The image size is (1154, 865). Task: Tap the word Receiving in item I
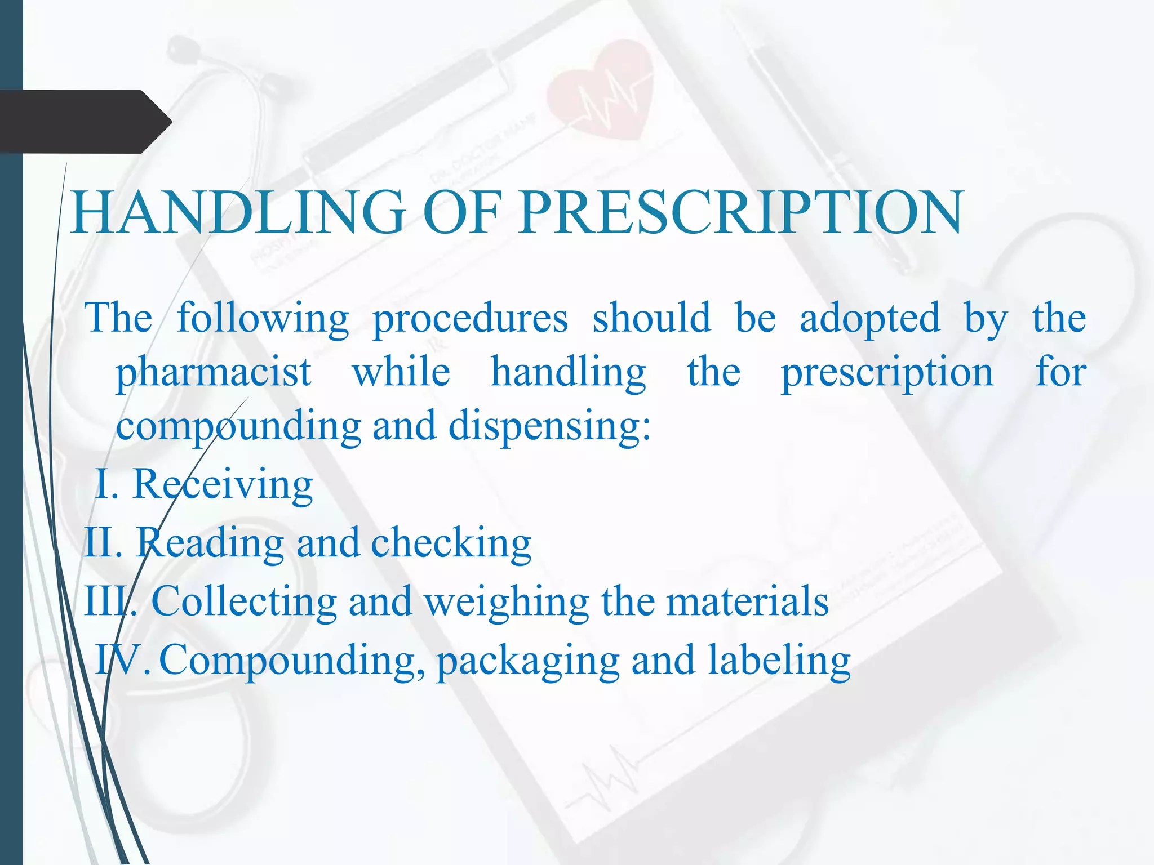click(223, 485)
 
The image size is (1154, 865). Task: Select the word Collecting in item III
click(244, 601)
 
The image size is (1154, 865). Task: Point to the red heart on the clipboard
click(600, 90)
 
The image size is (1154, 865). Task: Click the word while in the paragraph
click(401, 373)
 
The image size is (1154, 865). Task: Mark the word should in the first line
click(651, 319)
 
